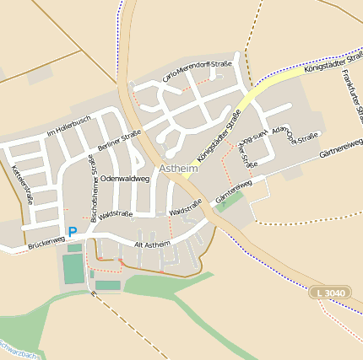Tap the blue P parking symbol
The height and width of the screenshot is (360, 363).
pyautogui.click(x=73, y=232)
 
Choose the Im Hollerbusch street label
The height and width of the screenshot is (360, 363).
pyautogui.click(x=68, y=126)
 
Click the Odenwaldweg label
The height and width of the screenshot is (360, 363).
pyautogui.click(x=124, y=180)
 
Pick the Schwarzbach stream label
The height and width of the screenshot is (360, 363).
pyautogui.click(x=17, y=352)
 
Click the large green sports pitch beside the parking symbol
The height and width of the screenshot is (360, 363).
pyautogui.click(x=73, y=268)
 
